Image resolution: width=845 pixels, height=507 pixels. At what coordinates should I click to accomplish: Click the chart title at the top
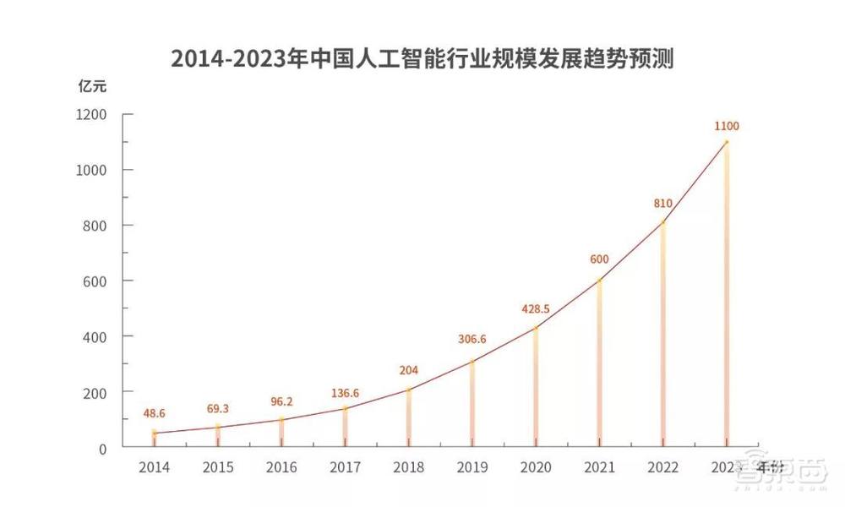tap(422, 59)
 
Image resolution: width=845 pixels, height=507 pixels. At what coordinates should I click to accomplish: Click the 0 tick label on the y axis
tap(102, 448)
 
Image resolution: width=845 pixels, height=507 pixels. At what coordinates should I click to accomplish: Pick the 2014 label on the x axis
tap(154, 466)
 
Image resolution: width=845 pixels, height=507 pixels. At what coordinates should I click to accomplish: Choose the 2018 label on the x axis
tap(408, 466)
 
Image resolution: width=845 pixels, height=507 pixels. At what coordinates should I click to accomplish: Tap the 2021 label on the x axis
tap(599, 466)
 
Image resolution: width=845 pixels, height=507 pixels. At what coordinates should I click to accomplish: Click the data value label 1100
tap(726, 127)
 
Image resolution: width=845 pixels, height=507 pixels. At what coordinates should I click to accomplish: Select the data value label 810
tap(662, 204)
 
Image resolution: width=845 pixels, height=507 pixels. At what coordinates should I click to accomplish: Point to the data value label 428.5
tap(536, 309)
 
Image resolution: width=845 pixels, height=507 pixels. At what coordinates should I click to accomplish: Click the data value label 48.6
tap(154, 414)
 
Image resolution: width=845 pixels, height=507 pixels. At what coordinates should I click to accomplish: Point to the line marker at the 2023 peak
tap(726, 142)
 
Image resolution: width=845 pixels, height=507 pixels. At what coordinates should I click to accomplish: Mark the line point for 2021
tap(599, 281)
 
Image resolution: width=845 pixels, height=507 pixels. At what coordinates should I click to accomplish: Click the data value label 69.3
tap(217, 409)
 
